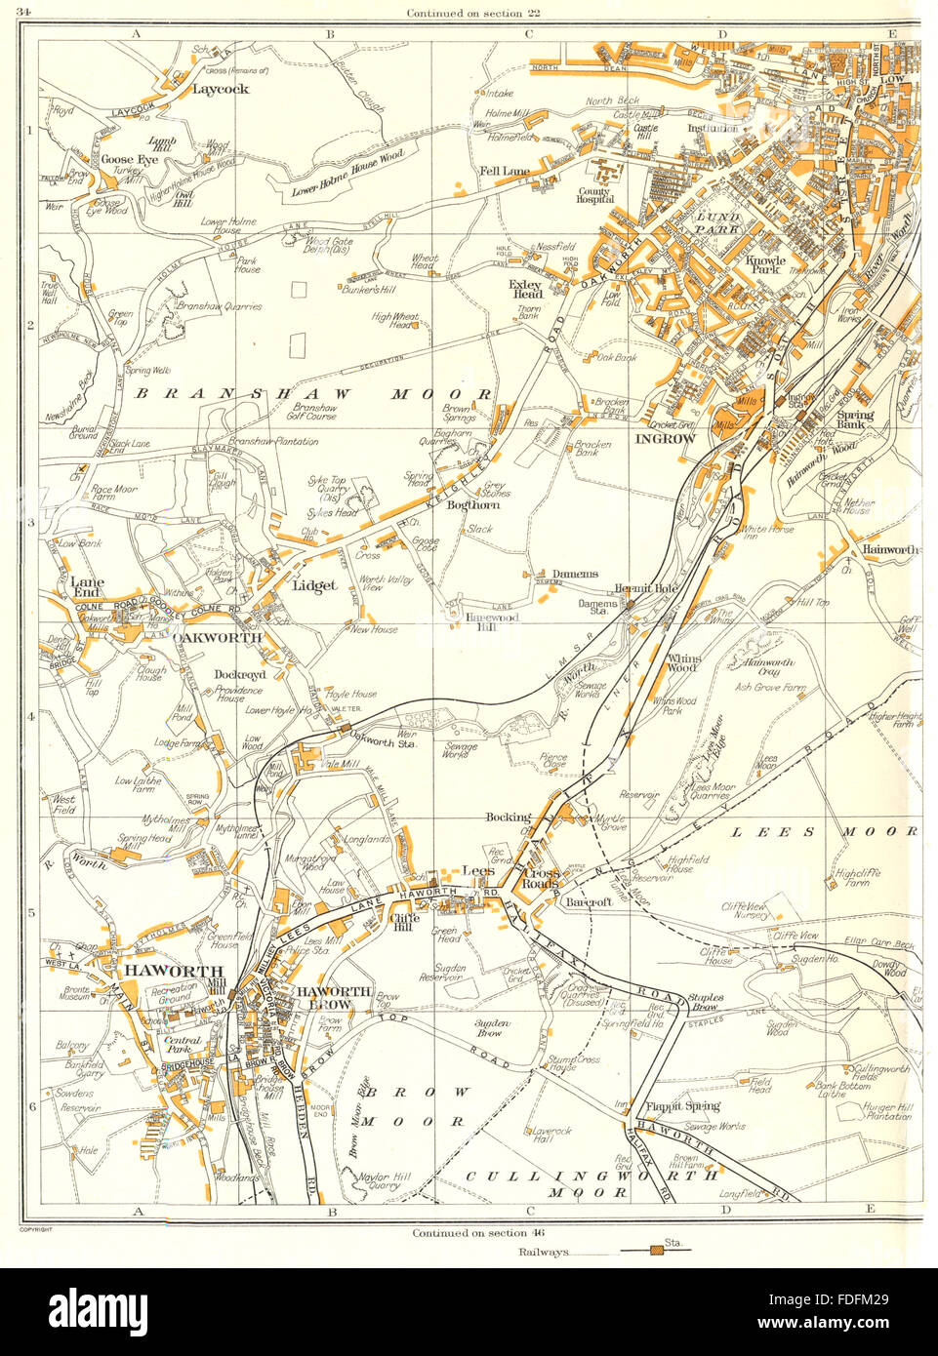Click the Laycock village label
pyautogui.click(x=221, y=89)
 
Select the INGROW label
pyautogui.click(x=665, y=439)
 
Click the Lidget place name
pyautogui.click(x=313, y=586)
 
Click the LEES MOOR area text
pyautogui.click(x=825, y=831)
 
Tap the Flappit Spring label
pyautogui.click(x=682, y=1106)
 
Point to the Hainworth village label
pyautogui.click(x=888, y=550)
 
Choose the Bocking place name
pyautogui.click(x=508, y=818)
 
